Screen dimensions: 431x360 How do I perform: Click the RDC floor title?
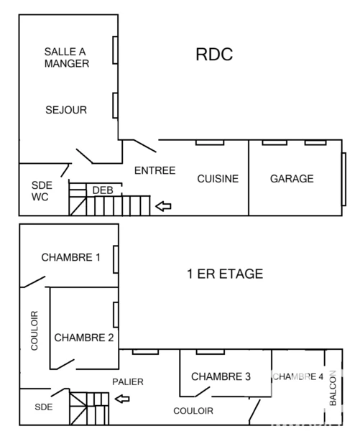pos(214,55)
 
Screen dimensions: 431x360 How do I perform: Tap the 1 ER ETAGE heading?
pos(224,274)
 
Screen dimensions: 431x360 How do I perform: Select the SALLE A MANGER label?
pos(66,57)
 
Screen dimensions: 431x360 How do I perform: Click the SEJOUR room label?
pos(65,110)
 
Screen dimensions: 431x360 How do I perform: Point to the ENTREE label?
pos(155,170)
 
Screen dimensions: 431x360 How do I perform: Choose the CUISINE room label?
pos(218,179)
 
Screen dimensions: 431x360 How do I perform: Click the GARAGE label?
pos(292,179)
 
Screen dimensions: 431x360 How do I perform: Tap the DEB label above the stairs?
pos(103,190)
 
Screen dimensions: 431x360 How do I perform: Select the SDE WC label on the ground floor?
pos(41,190)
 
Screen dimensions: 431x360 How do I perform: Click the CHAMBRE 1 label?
pos(70,257)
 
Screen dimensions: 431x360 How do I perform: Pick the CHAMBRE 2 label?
pos(83,337)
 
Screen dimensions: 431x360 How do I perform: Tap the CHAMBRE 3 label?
pos(221,376)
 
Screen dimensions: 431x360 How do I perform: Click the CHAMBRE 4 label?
pos(297,376)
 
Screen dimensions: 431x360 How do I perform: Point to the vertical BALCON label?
pos(333,389)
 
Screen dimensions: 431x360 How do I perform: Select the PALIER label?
pos(127,382)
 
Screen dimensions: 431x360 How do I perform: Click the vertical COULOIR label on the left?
pos(34,330)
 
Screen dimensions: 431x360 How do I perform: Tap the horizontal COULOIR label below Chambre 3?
pos(193,411)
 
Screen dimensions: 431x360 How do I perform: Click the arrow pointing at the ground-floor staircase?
pos(165,207)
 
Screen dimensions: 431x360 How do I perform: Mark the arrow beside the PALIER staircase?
pos(123,399)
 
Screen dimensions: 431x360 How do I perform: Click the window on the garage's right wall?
pos(343,175)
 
